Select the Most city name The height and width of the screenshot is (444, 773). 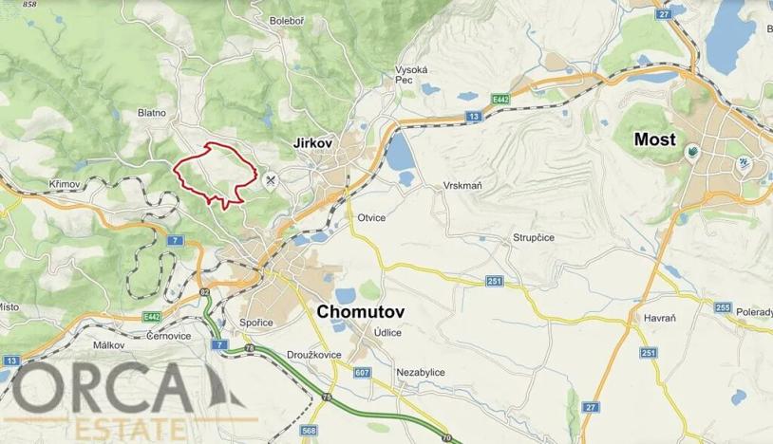[655, 139]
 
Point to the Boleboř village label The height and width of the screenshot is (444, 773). [287, 20]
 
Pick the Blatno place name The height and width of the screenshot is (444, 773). [152, 113]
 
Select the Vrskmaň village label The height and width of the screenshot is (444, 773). [462, 186]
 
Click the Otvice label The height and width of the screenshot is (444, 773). [371, 217]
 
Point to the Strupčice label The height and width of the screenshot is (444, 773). [534, 238]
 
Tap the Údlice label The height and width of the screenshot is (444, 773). [386, 333]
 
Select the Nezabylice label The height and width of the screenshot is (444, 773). [421, 373]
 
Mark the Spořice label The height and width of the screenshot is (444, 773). [256, 323]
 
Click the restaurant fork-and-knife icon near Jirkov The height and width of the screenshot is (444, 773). [272, 178]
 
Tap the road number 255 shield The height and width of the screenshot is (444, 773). [723, 308]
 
